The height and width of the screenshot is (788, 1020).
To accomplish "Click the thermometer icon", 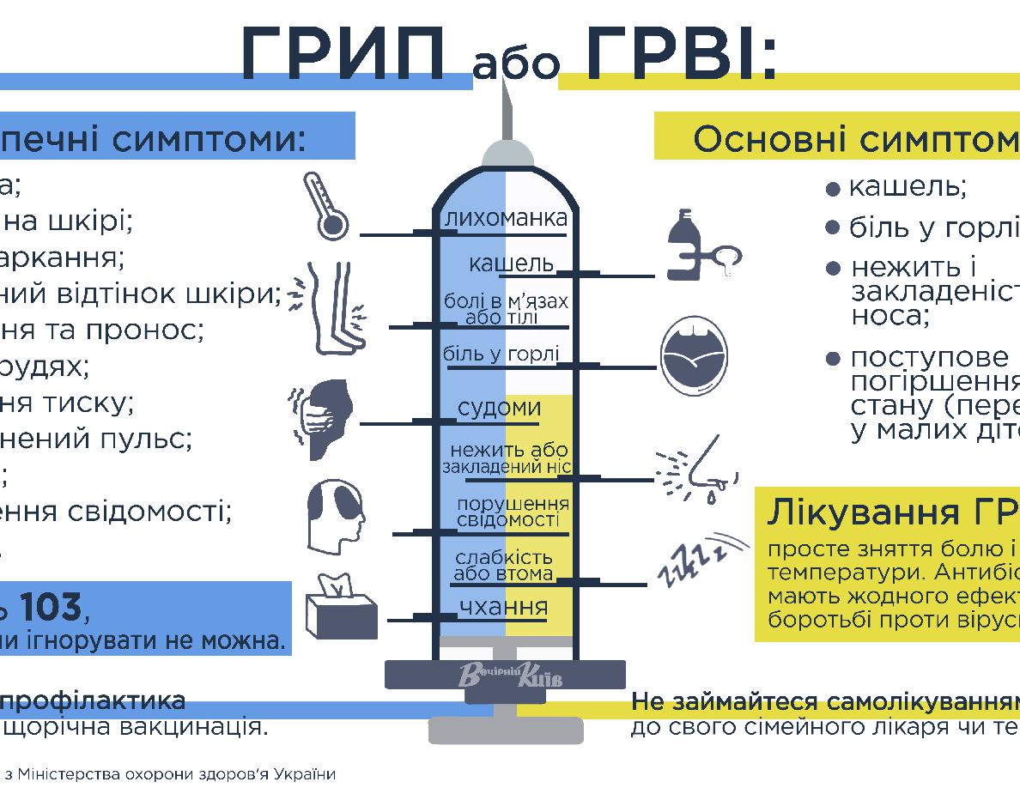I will [x=325, y=206].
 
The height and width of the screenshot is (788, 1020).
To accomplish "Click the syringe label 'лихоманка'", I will [x=506, y=220].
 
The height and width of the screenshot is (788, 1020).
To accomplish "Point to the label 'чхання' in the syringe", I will [x=503, y=607].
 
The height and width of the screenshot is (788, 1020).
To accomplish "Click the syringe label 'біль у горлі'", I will [x=501, y=354].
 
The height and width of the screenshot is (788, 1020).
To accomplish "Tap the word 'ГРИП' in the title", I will [x=344, y=53].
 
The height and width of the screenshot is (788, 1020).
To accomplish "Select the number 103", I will [x=51, y=607].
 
